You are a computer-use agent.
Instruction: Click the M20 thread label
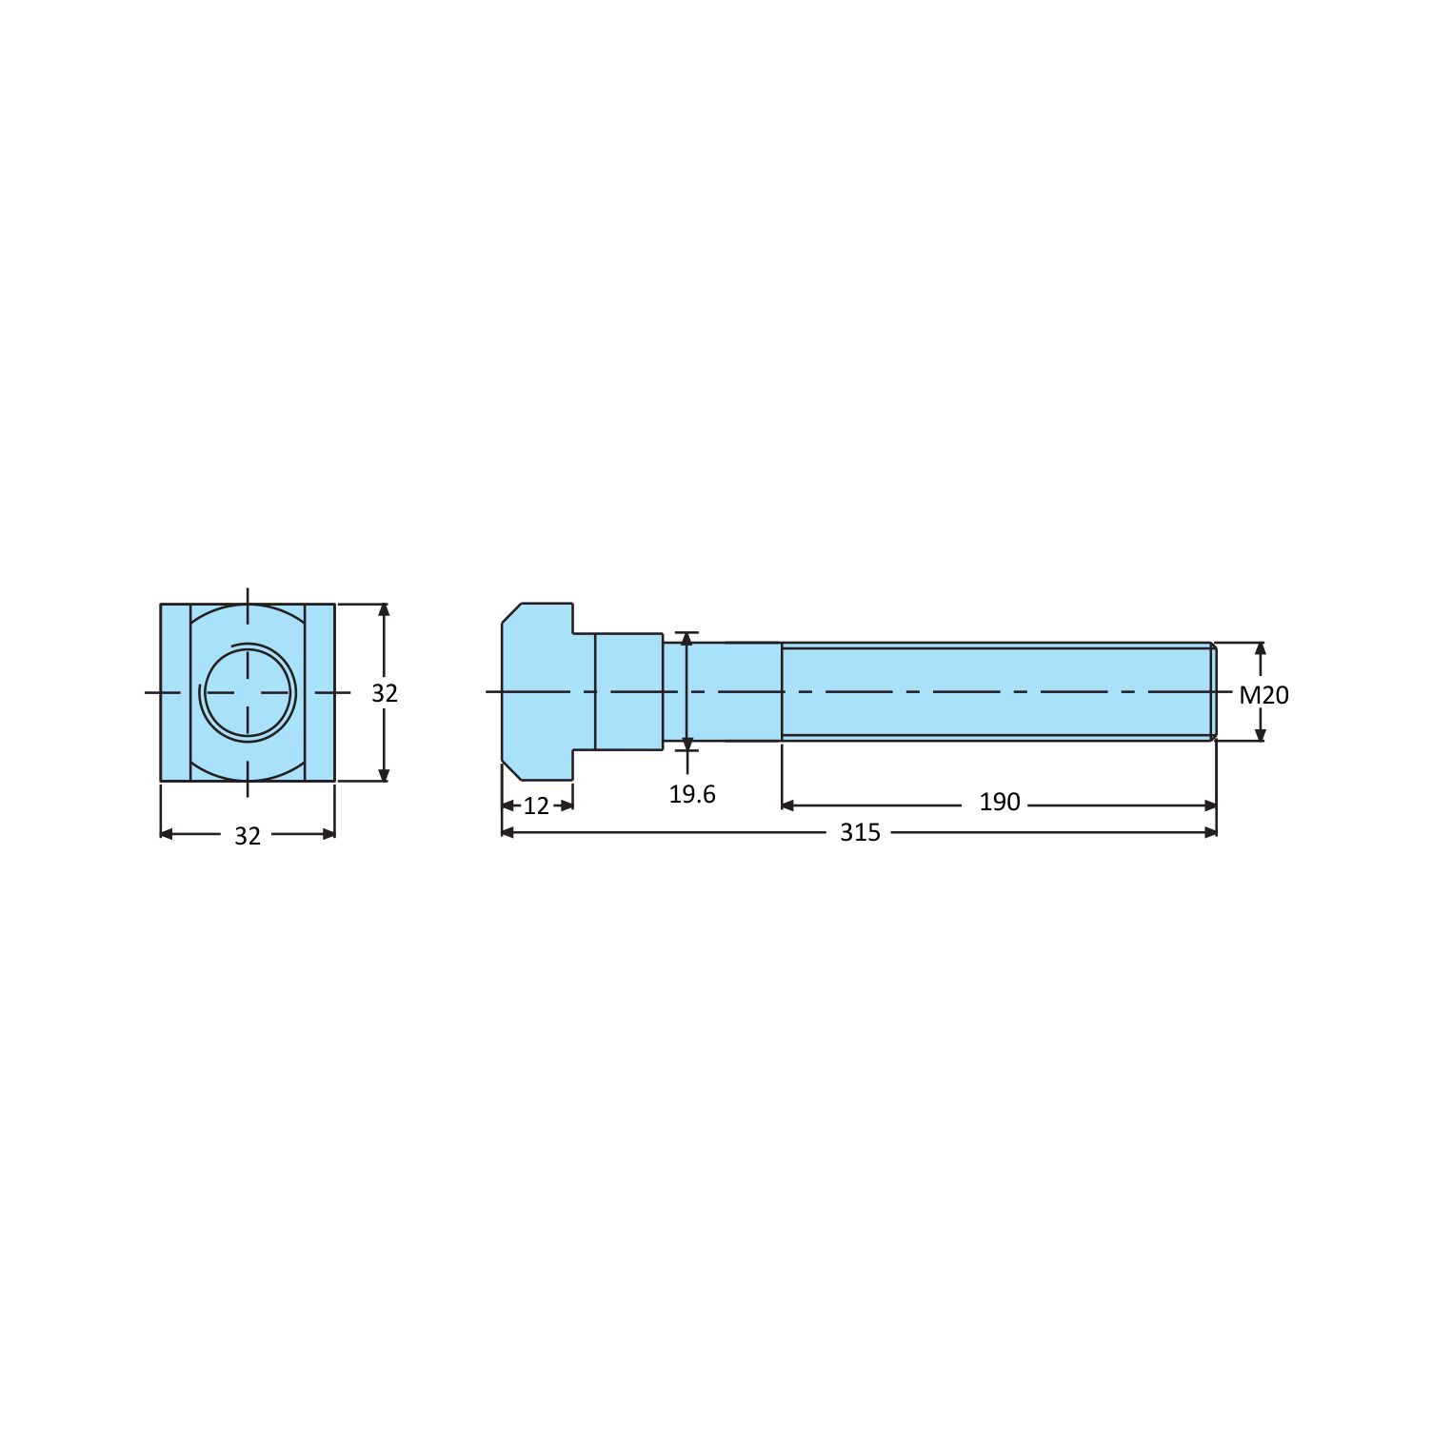pyautogui.click(x=1263, y=695)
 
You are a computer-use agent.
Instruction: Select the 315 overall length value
pyautogui.click(x=860, y=832)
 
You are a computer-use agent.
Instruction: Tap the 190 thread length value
pyautogui.click(x=999, y=803)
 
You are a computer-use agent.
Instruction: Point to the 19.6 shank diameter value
pyautogui.click(x=691, y=794)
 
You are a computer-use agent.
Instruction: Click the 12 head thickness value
pyautogui.click(x=536, y=806)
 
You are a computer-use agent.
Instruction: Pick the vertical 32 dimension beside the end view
pyautogui.click(x=384, y=693)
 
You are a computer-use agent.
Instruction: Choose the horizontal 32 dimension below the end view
pyautogui.click(x=247, y=836)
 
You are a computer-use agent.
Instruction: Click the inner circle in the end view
pyautogui.click(x=248, y=692)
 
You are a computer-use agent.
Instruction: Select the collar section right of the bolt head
pyautogui.click(x=628, y=692)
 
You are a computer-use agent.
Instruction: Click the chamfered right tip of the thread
pyautogui.click(x=1214, y=692)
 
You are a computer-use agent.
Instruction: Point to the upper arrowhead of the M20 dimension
pyautogui.click(x=1261, y=649)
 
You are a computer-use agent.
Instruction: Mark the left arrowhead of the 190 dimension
pyautogui.click(x=787, y=805)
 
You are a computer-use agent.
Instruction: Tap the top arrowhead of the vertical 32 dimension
pyautogui.click(x=384, y=610)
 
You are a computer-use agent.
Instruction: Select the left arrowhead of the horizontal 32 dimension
pyautogui.click(x=167, y=834)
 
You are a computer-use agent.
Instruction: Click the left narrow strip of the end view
pyautogui.click(x=175, y=692)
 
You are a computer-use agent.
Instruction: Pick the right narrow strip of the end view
pyautogui.click(x=320, y=692)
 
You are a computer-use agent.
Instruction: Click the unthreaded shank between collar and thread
pyautogui.click(x=733, y=692)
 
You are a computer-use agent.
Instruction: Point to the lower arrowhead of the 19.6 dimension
pyautogui.click(x=686, y=743)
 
